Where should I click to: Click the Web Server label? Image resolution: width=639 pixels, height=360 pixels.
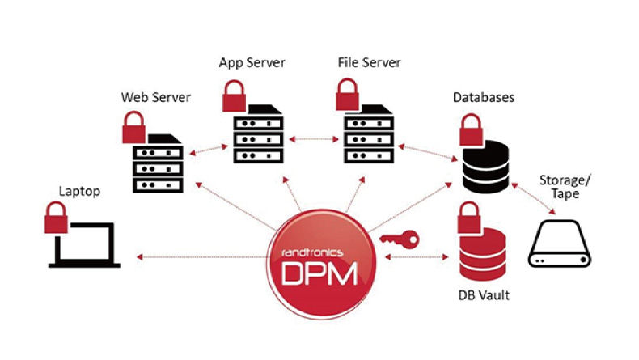click(x=156, y=98)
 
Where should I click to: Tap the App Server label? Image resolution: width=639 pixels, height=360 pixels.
click(x=252, y=62)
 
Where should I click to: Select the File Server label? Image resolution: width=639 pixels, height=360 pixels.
click(x=369, y=62)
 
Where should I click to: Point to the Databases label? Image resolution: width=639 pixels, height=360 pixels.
click(x=484, y=98)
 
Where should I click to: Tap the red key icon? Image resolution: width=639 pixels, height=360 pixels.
click(x=399, y=239)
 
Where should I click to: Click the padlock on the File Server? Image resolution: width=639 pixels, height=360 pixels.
click(x=348, y=95)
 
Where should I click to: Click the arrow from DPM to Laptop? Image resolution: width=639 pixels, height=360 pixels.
click(x=201, y=257)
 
